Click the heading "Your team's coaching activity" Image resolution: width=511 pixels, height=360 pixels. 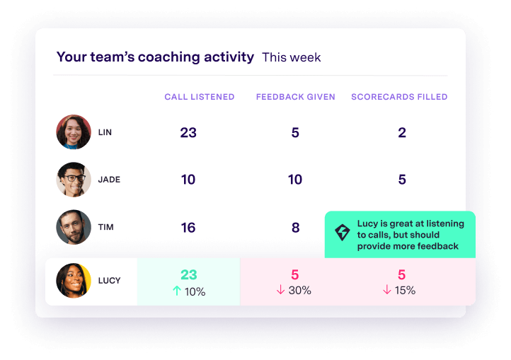coord(155,57)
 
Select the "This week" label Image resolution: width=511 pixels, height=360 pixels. coord(292,57)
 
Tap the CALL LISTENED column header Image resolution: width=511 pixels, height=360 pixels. coord(200,97)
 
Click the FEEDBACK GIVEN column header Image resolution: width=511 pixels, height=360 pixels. coord(296,97)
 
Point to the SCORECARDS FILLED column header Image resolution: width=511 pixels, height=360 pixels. coord(399,97)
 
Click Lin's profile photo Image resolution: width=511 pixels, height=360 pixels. coord(74,132)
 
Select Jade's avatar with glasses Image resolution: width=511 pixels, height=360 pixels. coord(74,180)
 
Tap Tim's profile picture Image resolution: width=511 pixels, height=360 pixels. coord(74,227)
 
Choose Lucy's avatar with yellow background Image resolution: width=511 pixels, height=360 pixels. coord(74,281)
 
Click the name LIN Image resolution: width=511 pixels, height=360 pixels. coord(105,132)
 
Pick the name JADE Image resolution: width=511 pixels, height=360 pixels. coord(109,180)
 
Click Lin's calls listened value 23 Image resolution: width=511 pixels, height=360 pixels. coord(188,132)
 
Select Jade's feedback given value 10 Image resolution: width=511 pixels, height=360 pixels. coord(295,180)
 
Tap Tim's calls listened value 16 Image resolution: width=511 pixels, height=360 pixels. coord(188,228)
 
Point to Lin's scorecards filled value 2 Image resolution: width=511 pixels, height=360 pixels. coord(402,132)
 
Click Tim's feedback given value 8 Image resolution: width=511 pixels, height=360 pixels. coord(295,228)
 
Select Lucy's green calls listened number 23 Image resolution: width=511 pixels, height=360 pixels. coord(188,275)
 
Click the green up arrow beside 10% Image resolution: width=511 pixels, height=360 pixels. coord(177,291)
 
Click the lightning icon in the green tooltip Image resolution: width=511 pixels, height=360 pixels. coord(343,233)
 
